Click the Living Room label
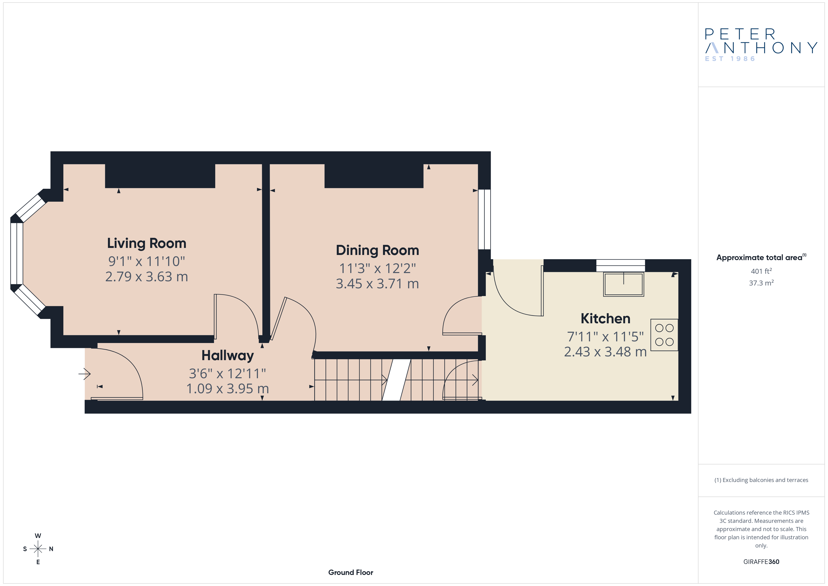146,243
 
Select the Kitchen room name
606,319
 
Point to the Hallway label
228,356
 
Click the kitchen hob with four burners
664,335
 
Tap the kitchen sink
624,284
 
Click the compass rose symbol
38,549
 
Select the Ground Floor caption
351,572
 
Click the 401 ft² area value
761,271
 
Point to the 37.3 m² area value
761,283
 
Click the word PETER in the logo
740,34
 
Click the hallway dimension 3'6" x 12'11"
228,374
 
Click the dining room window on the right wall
484,219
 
